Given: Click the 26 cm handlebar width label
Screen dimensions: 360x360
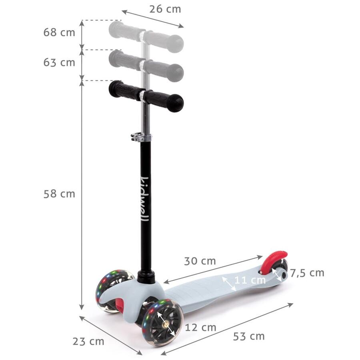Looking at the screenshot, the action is point(165,9).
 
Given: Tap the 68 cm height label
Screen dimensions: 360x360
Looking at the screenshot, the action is point(59,32).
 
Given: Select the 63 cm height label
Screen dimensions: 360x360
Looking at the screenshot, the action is point(59,62).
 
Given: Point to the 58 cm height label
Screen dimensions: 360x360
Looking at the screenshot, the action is point(59,194).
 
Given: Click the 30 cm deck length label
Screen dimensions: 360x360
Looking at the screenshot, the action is point(200,261).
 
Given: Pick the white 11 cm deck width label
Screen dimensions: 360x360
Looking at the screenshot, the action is point(250,280).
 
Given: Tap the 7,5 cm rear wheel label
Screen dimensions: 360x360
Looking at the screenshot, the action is point(307,273).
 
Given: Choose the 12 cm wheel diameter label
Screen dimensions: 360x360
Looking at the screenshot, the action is point(200,327).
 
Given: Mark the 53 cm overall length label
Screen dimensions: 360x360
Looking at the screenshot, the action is point(249,336).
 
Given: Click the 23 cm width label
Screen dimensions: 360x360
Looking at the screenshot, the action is point(88,342).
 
